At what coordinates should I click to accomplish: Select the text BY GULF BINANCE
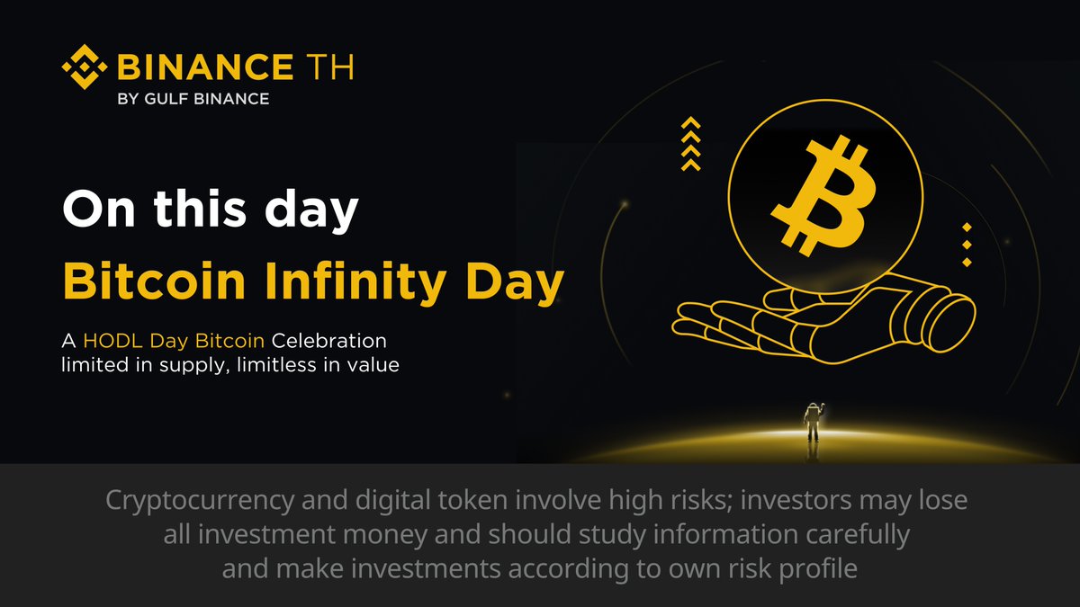pyautogui.click(x=193, y=98)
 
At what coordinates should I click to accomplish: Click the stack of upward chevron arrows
pyautogui.click(x=690, y=144)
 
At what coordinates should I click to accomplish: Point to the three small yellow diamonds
pyautogui.click(x=967, y=244)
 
